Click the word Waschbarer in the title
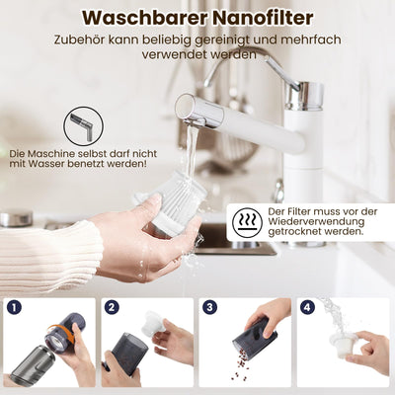(137, 19)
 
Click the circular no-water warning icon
(84, 126)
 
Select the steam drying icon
(247, 222)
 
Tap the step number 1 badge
(13, 307)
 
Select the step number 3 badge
(209, 307)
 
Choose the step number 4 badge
(308, 307)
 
